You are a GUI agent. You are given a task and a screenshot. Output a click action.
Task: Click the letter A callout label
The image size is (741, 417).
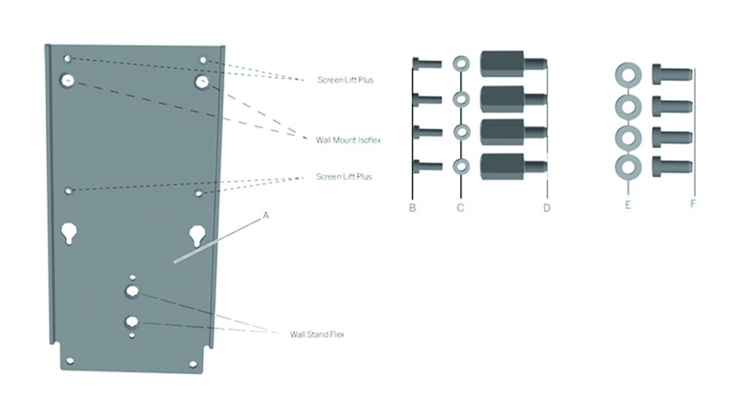(265, 216)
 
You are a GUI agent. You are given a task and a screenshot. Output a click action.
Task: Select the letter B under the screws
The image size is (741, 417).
(412, 208)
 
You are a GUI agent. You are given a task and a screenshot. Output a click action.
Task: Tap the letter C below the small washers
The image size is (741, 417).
(460, 208)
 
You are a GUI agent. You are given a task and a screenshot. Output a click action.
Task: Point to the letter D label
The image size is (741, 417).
(546, 208)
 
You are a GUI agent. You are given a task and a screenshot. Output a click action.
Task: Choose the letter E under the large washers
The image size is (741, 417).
(628, 204)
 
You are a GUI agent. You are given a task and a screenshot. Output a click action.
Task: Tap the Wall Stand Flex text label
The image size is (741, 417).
(317, 335)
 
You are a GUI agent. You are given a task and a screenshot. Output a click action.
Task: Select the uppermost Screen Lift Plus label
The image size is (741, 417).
(345, 79)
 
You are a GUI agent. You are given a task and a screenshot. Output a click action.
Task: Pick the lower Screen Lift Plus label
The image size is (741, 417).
(344, 176)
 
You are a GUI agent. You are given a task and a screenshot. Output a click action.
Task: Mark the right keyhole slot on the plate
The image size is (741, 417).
(197, 235)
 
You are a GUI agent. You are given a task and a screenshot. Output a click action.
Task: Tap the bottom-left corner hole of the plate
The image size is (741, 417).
(70, 361)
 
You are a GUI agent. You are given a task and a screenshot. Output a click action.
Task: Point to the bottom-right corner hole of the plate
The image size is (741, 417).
(193, 364)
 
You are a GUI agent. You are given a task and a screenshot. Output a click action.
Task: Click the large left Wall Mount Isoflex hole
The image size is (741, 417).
(67, 81)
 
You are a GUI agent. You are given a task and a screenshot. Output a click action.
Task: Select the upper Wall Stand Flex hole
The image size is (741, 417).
(132, 292)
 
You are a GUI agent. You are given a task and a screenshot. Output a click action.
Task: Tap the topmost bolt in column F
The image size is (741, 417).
(671, 74)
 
